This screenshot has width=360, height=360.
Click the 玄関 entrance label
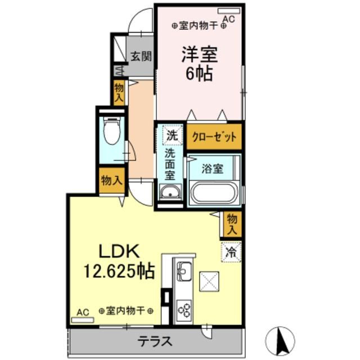pyautogui.click(x=141, y=56)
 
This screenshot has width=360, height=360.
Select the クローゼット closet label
pyautogui.click(x=214, y=137)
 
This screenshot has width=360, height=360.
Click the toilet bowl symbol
pyautogui.click(x=112, y=132)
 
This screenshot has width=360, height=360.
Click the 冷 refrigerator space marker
pyautogui.click(x=230, y=251)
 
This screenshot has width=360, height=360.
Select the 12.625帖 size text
pyautogui.click(x=120, y=272)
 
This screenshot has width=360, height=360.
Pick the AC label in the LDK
pyautogui.click(x=83, y=311)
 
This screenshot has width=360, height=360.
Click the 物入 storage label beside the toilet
pyautogui.click(x=111, y=181)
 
